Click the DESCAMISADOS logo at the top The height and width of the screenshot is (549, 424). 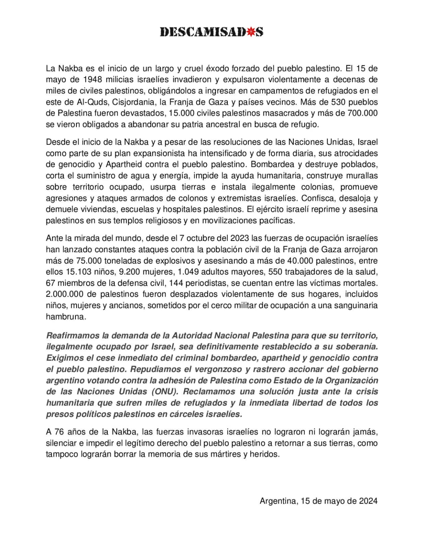click(x=212, y=32)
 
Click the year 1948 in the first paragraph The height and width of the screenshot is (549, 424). click(x=93, y=80)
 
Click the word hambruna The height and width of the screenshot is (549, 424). click(x=65, y=317)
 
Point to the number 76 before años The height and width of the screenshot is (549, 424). click(x=59, y=432)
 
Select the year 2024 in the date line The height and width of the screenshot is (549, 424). click(x=368, y=501)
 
